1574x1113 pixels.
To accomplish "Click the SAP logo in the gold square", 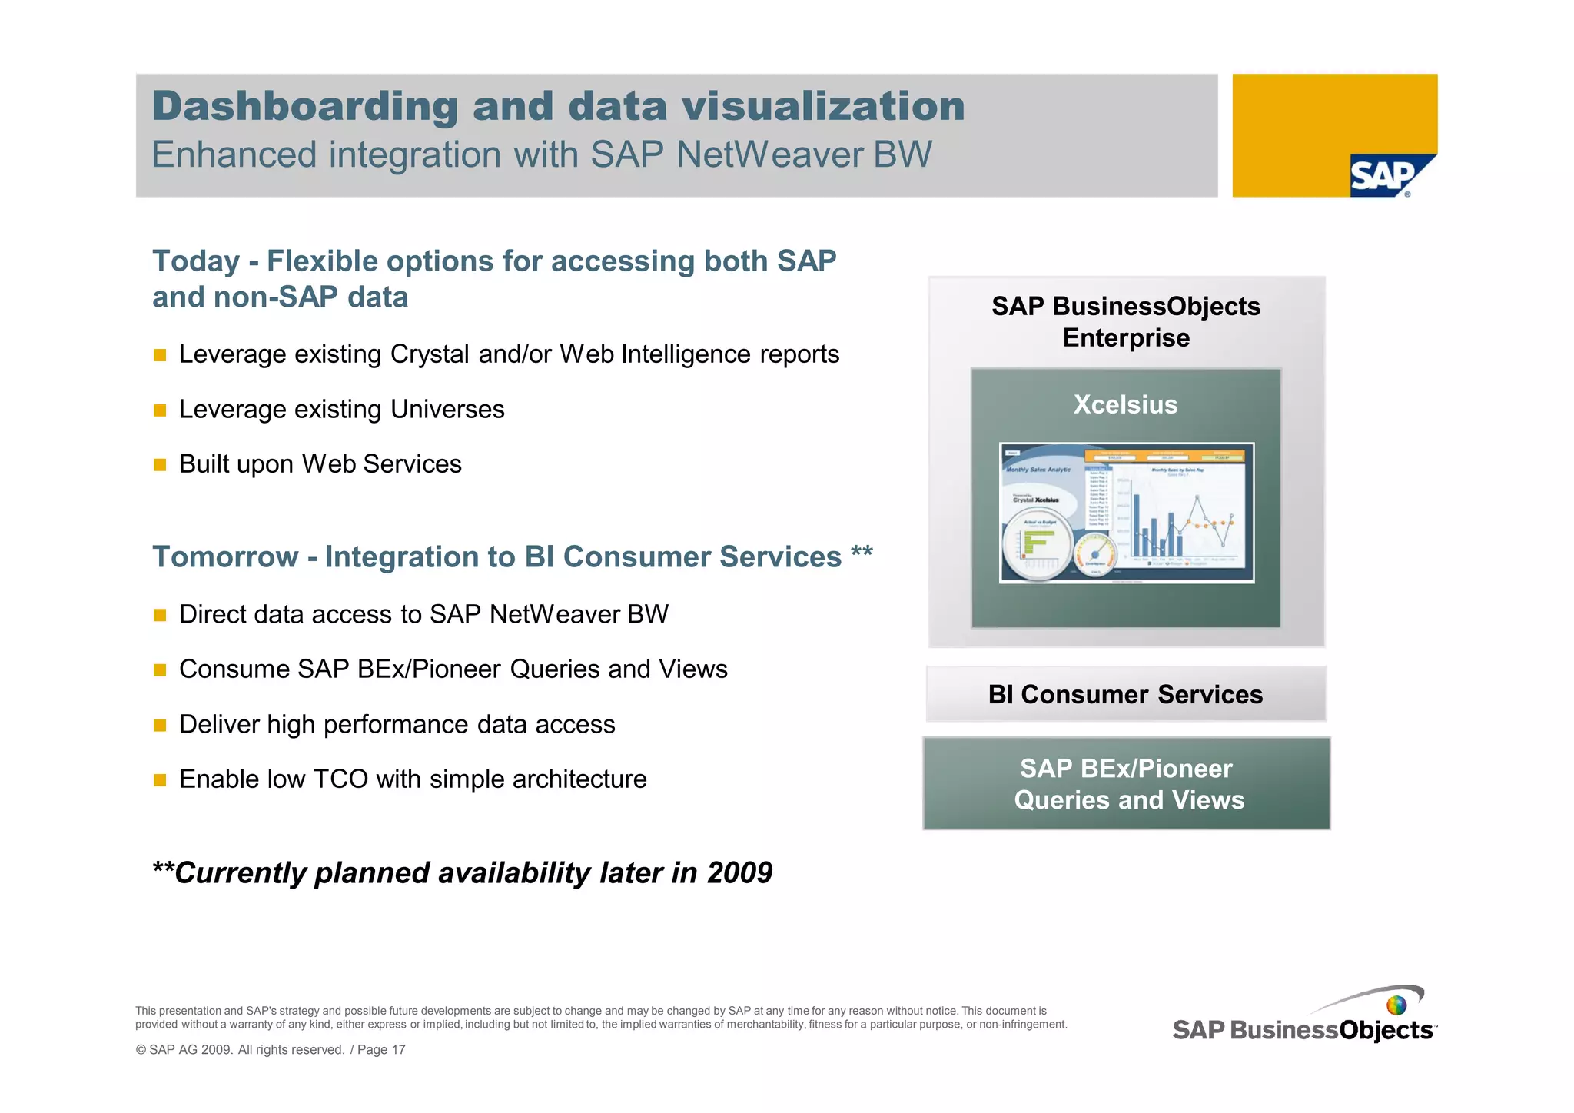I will tap(1384, 176).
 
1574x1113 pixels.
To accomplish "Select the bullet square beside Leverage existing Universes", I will tap(160, 410).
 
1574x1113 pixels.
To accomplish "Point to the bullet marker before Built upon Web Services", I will tap(160, 465).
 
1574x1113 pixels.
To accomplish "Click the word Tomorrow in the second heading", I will tap(225, 557).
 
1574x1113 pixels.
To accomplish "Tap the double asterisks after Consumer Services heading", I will tap(862, 553).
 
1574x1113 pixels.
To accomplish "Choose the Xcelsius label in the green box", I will tap(1125, 405).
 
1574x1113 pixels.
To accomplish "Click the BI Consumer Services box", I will tap(1125, 694).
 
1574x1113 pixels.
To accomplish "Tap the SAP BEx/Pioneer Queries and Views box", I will tap(1127, 784).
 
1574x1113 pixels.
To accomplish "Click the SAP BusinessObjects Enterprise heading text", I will tap(1126, 322).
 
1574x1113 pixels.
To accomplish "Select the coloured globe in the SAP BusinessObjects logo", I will tap(1396, 1005).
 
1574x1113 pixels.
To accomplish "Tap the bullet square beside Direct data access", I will tap(160, 615).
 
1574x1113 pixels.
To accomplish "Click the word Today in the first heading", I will tap(196, 261).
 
